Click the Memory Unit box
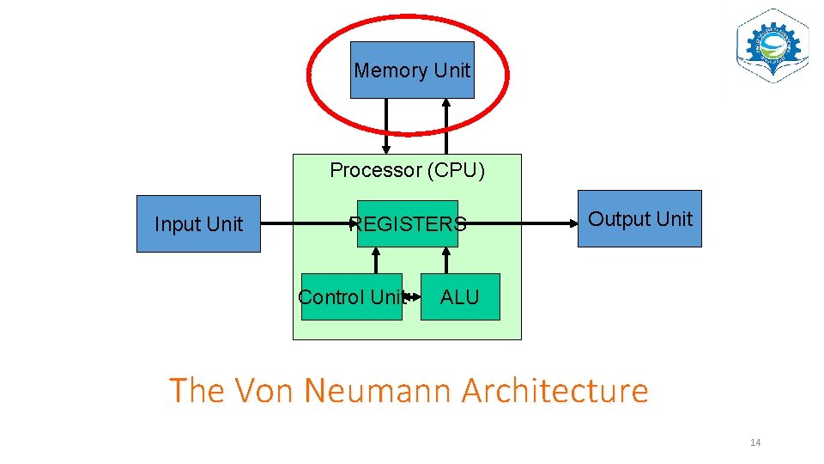click(x=412, y=70)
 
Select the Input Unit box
click(x=198, y=224)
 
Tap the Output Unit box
click(x=639, y=219)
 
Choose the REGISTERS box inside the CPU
click(x=408, y=224)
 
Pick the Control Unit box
click(x=351, y=297)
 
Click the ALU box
click(x=460, y=297)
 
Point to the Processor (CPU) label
click(x=407, y=170)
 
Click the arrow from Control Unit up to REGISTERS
click(x=376, y=260)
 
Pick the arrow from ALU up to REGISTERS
click(x=445, y=260)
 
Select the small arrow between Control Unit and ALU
click(x=412, y=297)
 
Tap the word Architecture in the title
click(x=555, y=391)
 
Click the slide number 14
click(x=755, y=443)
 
